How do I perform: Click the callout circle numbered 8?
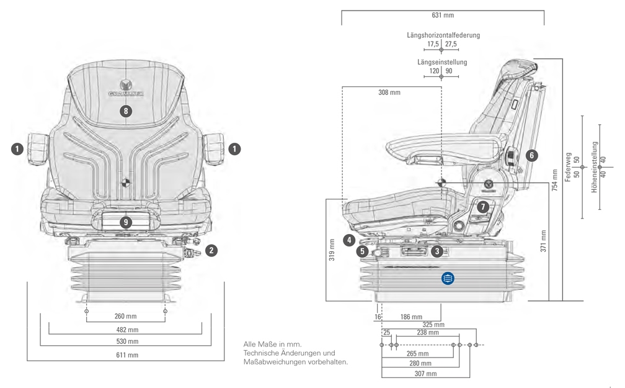(x=126, y=111)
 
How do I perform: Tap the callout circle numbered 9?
(x=126, y=222)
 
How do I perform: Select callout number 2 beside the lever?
(x=212, y=251)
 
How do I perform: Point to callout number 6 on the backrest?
(x=531, y=155)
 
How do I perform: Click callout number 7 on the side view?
(x=484, y=207)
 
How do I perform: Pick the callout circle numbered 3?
(x=437, y=251)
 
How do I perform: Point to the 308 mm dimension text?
(x=389, y=92)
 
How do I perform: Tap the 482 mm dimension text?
(x=126, y=330)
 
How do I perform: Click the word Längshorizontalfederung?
(x=443, y=35)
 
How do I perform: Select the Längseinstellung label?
(x=442, y=62)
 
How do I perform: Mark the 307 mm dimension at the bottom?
(x=425, y=374)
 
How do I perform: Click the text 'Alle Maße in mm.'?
(x=273, y=343)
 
